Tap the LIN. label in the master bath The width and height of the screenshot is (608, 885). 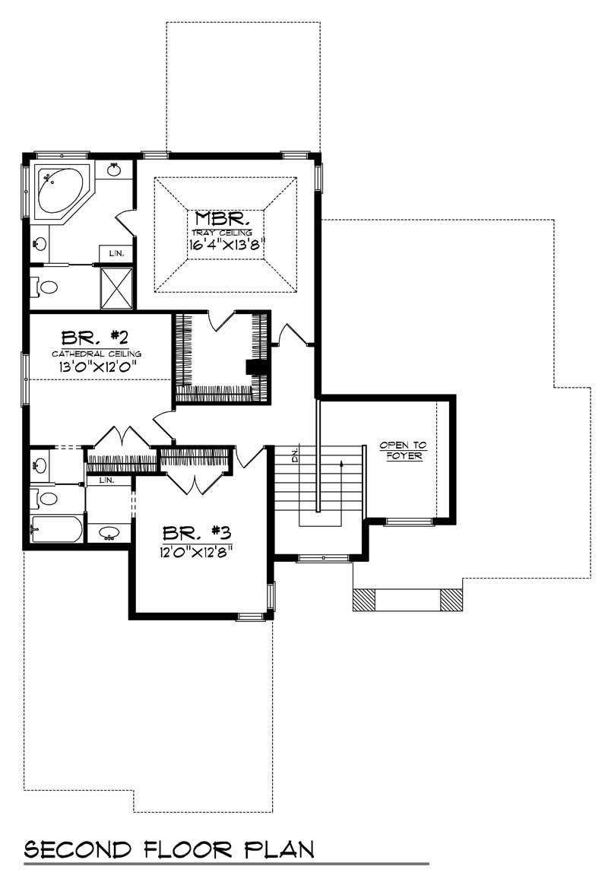[116, 253]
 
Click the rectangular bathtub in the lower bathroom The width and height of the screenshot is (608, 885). [55, 530]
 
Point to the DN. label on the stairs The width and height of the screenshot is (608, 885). [296, 456]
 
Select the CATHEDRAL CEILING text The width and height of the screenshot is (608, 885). [96, 354]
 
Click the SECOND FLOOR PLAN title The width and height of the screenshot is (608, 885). [169, 849]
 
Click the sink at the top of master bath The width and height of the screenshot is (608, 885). [114, 169]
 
